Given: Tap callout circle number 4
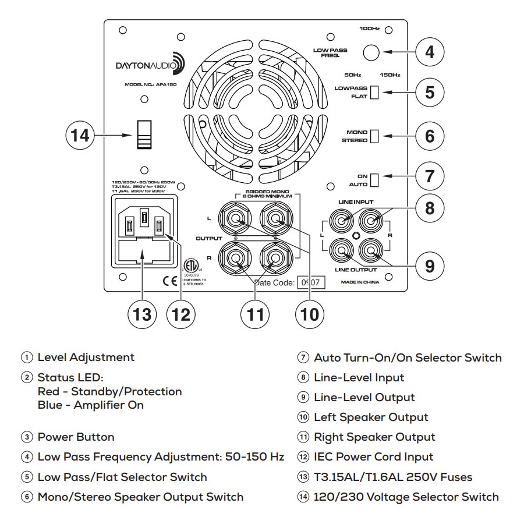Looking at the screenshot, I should pos(430,52).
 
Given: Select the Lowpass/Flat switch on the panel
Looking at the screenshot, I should pos(374,92).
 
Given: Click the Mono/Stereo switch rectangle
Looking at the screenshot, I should pos(374,136).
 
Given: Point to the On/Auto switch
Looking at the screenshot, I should pos(374,179).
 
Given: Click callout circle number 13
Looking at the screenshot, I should pos(142,314).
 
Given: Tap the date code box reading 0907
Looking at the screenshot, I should pos(310,282).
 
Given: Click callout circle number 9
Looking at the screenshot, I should pos(430,266).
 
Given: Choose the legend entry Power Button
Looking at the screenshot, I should pos(76,437).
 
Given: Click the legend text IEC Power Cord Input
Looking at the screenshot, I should pos(373,457).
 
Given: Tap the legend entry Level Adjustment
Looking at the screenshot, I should pos(86,357).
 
